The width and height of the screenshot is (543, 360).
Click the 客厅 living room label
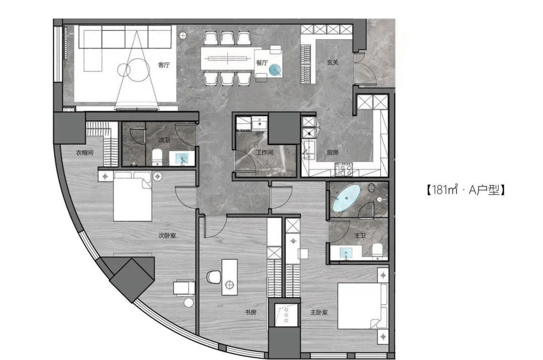point(164,65)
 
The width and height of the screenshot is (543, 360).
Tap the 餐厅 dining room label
point(262,63)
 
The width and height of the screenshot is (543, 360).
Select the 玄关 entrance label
point(332,63)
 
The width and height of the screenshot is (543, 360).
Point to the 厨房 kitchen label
point(332,152)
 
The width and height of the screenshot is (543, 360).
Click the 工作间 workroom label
point(265,152)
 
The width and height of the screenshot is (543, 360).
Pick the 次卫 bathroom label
point(164,140)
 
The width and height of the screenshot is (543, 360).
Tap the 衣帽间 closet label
point(84,152)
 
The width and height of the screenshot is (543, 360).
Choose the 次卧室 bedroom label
point(167,235)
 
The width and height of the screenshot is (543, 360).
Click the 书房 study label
point(250,312)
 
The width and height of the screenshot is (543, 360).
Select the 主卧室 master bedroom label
point(319,312)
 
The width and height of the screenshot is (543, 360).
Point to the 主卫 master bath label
point(360,235)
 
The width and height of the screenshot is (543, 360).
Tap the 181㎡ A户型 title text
point(465,190)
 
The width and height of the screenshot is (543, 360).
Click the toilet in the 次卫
point(157,157)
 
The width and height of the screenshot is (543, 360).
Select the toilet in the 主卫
point(377,251)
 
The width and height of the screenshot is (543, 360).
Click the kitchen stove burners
point(343,169)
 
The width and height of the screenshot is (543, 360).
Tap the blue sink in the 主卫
point(346,253)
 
